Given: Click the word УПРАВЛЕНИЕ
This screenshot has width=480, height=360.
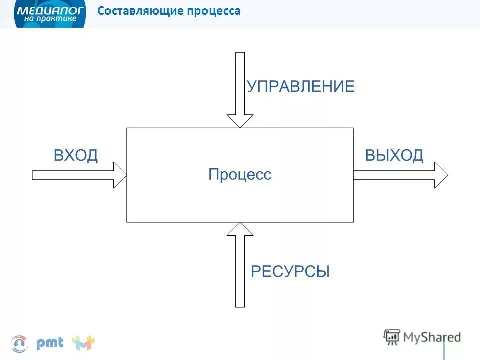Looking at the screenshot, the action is [x=301, y=86].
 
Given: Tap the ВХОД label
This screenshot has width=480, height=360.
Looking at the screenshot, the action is [x=76, y=155].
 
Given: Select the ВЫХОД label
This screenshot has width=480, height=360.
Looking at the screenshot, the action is [x=394, y=155].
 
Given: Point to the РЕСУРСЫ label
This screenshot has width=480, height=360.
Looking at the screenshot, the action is [x=290, y=271].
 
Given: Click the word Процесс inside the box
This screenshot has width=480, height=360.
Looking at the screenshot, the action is [x=240, y=174].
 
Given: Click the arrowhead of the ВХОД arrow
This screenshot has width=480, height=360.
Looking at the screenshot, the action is [x=120, y=175].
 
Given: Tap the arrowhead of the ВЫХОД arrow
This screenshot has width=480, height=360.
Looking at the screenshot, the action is [x=440, y=175].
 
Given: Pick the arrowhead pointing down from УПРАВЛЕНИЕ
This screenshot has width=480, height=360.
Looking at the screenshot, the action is [x=240, y=120].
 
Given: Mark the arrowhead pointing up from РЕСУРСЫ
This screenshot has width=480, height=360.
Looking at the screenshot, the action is [x=240, y=229].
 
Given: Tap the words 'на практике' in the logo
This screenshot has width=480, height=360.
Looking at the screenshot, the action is [x=50, y=18].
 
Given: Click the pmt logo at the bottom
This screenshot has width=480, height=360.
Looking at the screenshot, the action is [x=50, y=343].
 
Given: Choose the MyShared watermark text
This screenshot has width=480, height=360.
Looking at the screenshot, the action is [x=432, y=337].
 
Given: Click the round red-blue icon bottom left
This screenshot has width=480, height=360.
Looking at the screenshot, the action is [x=19, y=343].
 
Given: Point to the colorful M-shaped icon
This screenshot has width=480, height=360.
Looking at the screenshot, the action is [x=83, y=343].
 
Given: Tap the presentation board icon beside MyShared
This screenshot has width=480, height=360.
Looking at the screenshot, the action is [x=392, y=337].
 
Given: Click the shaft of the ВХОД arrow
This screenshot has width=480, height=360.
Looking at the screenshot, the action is [x=73, y=175].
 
